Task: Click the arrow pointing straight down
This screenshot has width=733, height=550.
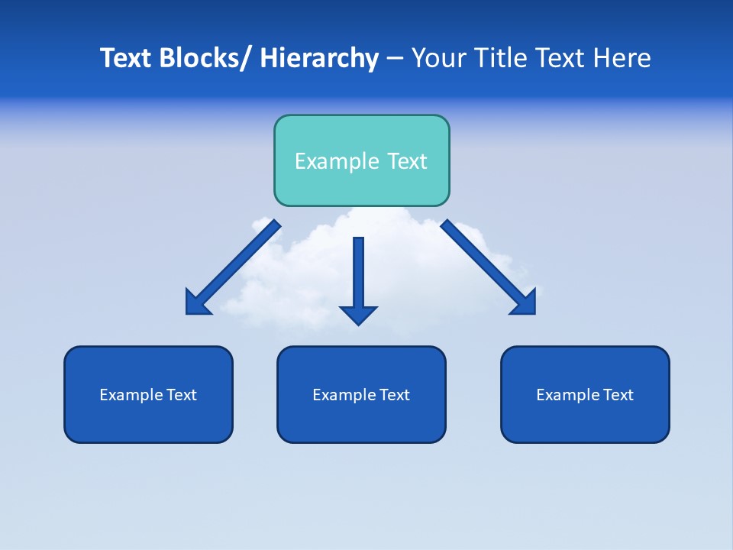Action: coord(358,275)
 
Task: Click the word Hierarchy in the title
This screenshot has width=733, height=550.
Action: coord(319,58)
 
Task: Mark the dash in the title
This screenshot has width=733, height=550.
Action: coord(395,59)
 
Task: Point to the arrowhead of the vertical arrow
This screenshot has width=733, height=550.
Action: coord(358,314)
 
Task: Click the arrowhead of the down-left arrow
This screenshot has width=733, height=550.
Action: coord(198,302)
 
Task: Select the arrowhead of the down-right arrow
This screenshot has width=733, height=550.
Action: coord(523,302)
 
